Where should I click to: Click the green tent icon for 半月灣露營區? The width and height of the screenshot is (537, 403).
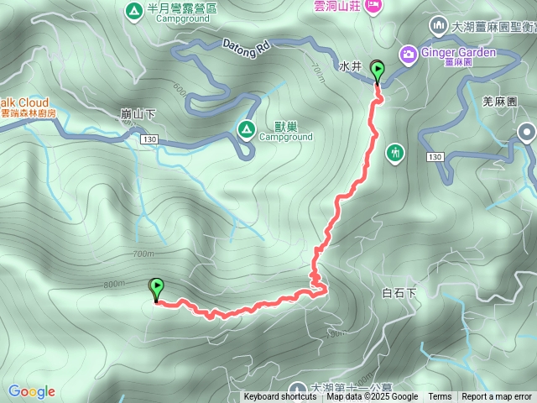point(133,12)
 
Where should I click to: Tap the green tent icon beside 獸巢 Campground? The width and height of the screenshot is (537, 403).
point(247,129)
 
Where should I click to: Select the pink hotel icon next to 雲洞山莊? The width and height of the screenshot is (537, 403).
point(372,6)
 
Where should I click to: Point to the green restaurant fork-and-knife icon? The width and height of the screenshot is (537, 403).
point(395,152)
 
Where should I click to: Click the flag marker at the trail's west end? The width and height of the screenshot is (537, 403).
point(156,289)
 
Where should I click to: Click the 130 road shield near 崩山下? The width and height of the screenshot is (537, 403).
point(151,139)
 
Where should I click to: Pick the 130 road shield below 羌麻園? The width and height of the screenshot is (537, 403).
point(434,157)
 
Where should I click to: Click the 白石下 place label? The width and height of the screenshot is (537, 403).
point(399,293)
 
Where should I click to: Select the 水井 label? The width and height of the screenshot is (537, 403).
point(350,65)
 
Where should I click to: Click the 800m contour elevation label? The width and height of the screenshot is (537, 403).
point(113,285)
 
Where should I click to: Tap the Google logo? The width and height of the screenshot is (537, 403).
point(32,391)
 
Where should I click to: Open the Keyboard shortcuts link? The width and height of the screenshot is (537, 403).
point(280,397)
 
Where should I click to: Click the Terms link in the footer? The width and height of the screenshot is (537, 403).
point(440,397)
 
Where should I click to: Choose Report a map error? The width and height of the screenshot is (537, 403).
point(497,397)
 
